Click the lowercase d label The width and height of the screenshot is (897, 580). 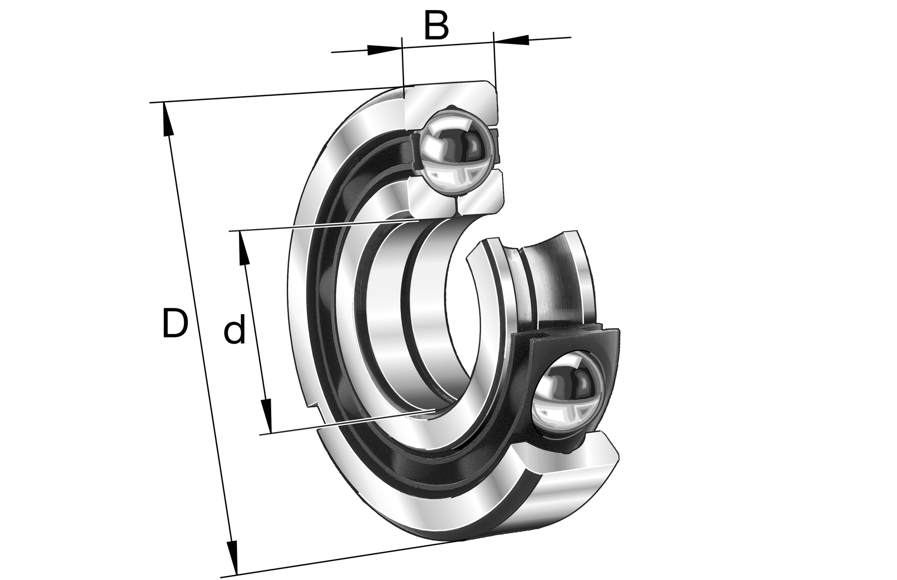[235, 330]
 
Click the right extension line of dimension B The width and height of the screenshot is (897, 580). [494, 63]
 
